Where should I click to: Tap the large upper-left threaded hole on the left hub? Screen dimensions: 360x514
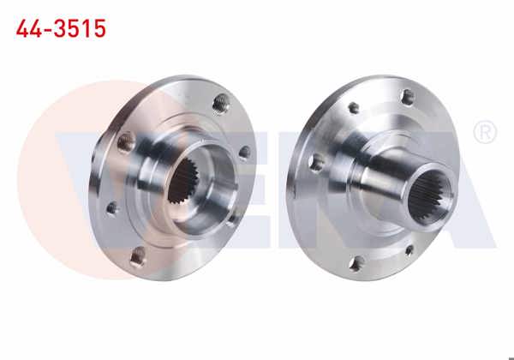(x=126, y=141)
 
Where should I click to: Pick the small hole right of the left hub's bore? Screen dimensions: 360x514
(x=244, y=153)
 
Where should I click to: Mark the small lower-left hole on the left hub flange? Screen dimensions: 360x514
(x=111, y=207)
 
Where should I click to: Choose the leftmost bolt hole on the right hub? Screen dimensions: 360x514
(x=315, y=162)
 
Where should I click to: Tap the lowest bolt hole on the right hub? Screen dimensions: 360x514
(x=355, y=263)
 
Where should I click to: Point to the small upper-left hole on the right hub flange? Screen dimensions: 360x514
(x=351, y=108)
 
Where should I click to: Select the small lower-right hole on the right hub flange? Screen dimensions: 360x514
(x=409, y=250)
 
